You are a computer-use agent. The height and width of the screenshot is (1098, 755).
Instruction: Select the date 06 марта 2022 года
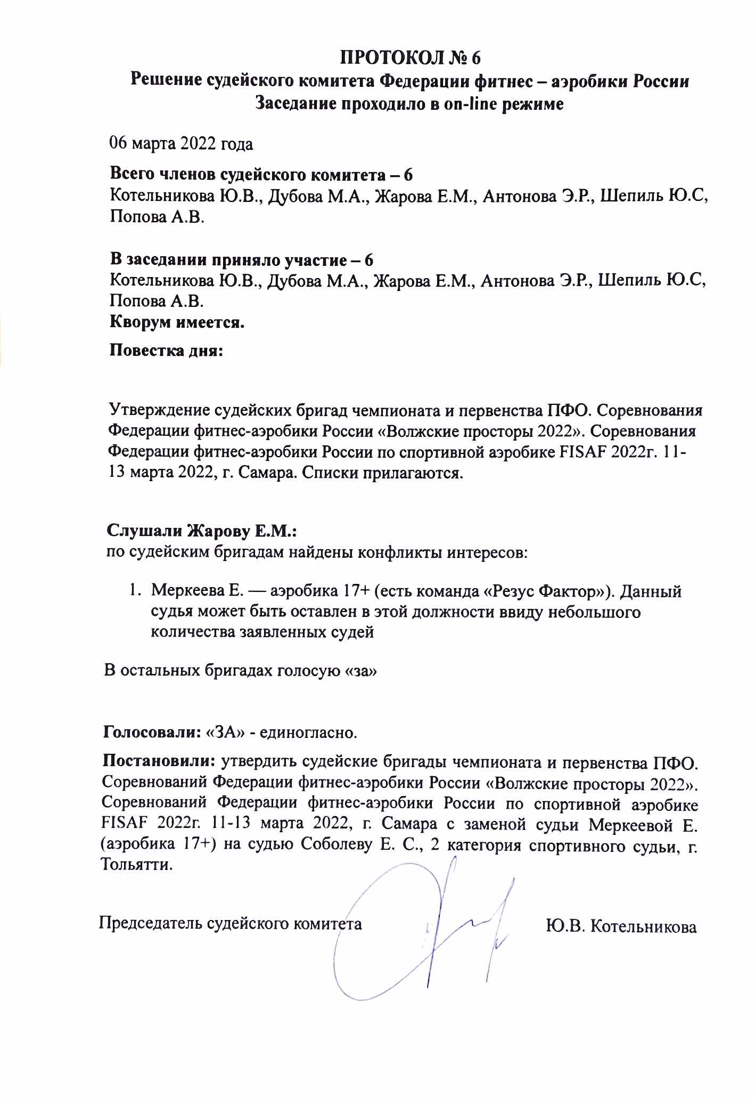180,144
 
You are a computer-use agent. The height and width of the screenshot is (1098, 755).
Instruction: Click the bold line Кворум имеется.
177,323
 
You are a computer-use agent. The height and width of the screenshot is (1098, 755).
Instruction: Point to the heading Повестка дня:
166,352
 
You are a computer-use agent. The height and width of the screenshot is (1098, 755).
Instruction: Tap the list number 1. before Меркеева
136,591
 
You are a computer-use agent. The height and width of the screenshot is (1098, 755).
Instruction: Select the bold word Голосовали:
151,731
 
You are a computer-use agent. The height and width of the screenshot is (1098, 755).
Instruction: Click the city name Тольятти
137,864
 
